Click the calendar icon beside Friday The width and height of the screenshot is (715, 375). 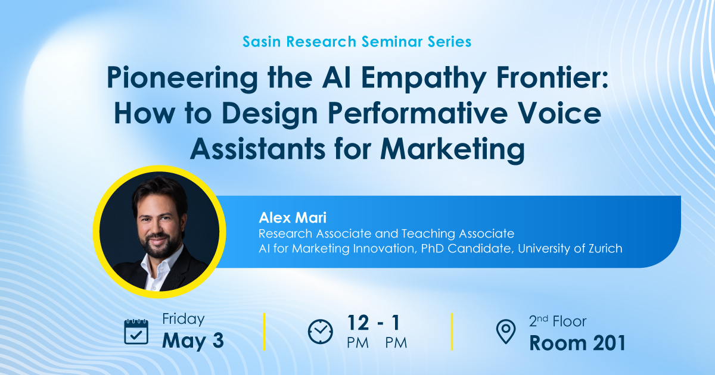click(136, 332)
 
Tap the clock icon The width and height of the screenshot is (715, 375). click(321, 332)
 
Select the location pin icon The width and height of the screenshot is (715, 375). click(506, 332)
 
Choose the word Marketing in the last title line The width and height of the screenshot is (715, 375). click(452, 148)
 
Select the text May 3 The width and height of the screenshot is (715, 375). click(193, 340)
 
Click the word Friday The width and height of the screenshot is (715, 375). click(183, 319)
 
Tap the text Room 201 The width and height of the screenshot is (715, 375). click(577, 343)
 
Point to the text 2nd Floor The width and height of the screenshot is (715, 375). click(557, 322)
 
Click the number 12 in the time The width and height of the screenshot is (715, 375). click(359, 323)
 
